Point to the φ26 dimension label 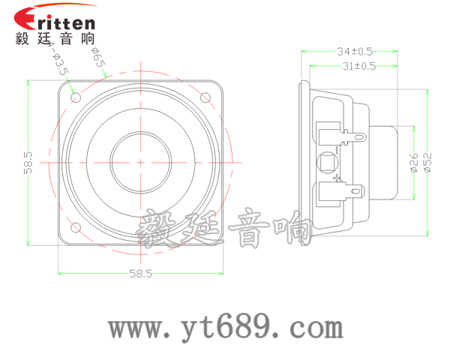tap(412, 163)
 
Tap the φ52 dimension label tap(427, 163)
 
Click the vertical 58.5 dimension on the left tap(28, 162)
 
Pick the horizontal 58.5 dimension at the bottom tap(140, 274)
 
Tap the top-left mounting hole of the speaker tap(76, 97)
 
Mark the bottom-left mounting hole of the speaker tap(76, 227)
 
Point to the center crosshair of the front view tap(141, 162)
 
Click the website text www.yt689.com tap(225, 327)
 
